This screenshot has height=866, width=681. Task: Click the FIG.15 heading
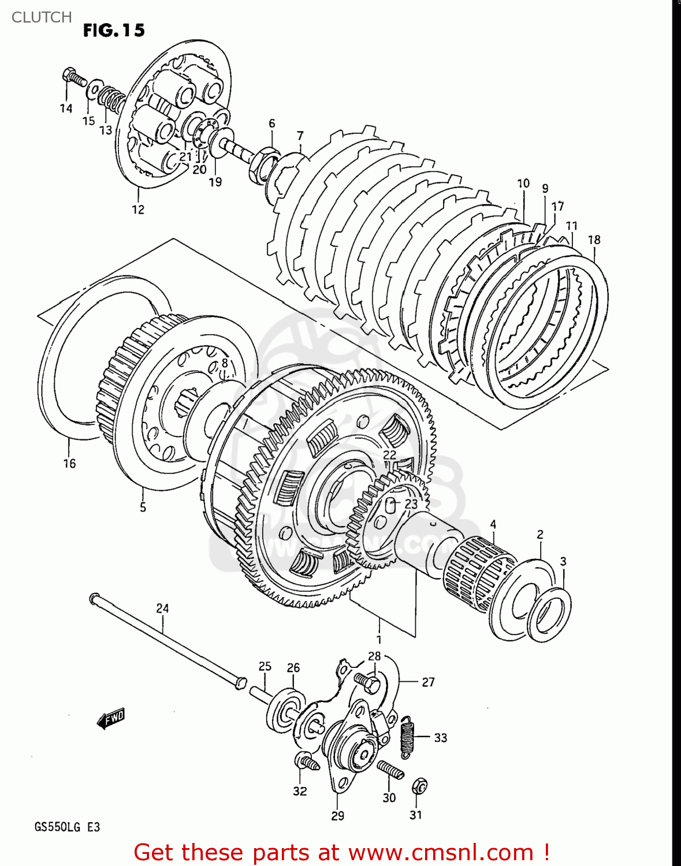coord(114,31)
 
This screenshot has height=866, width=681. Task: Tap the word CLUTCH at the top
coord(42,17)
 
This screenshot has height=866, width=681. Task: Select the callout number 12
coord(138,210)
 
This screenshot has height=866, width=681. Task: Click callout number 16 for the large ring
coord(69,463)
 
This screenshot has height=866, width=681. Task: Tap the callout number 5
coord(143,507)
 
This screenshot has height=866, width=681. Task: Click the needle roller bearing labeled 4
coord(479,569)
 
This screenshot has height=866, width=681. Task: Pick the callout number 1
coord(379,640)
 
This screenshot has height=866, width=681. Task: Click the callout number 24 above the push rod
coord(162,608)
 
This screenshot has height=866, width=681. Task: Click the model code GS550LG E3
coord(67,827)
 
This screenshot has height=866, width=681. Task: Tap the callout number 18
coord(594,240)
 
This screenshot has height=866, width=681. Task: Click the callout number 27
coord(428,682)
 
